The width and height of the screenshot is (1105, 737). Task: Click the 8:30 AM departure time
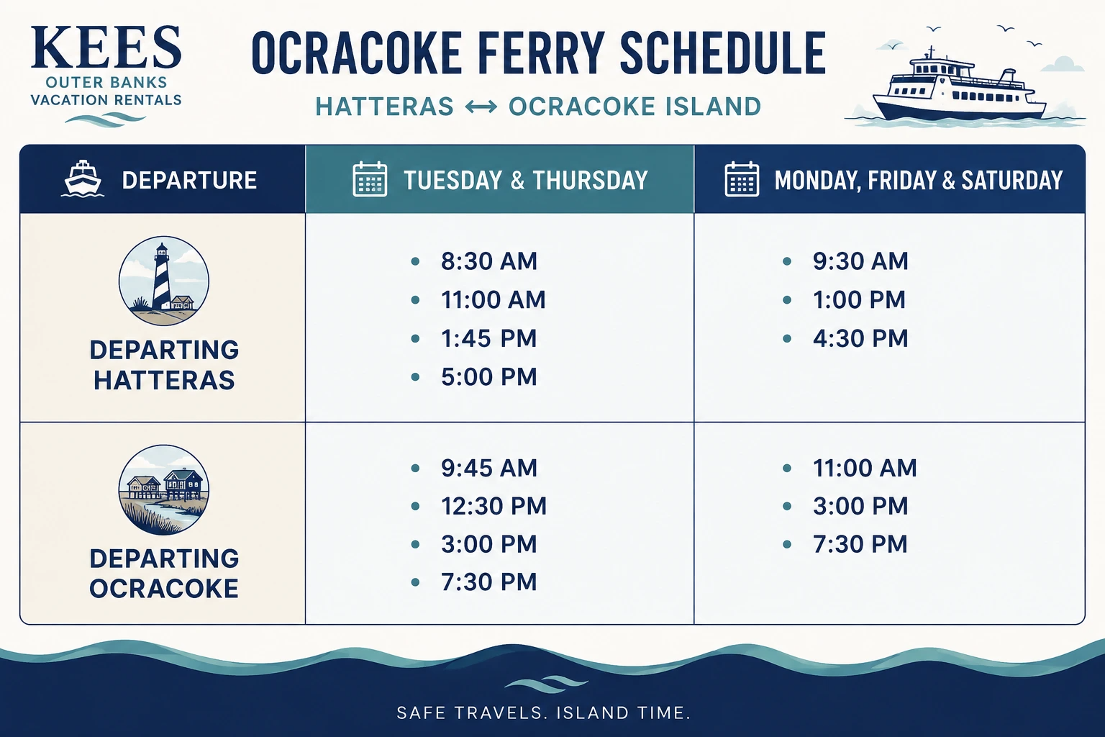click(x=489, y=261)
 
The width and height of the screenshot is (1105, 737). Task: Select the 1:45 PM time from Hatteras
click(x=489, y=339)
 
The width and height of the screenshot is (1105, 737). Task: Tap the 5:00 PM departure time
click(x=489, y=376)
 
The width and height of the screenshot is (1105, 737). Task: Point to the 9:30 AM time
click(x=860, y=261)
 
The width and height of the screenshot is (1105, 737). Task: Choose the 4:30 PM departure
click(x=860, y=339)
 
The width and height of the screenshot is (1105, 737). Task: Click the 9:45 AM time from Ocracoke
click(x=489, y=468)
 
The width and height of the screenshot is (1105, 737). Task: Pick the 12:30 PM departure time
click(x=494, y=506)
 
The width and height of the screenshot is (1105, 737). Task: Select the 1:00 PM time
click(x=860, y=299)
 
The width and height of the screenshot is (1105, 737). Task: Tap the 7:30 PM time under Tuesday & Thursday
click(x=489, y=582)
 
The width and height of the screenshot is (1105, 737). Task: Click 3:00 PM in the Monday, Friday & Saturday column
click(x=860, y=506)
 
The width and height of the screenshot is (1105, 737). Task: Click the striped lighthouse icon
click(x=164, y=281)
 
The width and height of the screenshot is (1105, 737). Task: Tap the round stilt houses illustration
click(x=164, y=489)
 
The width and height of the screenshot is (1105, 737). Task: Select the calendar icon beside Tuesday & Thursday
click(x=370, y=179)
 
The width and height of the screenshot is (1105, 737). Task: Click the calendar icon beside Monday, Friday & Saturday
click(x=742, y=179)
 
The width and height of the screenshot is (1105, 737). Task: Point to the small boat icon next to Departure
click(x=83, y=178)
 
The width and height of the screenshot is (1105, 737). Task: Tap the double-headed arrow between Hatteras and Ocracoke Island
click(x=481, y=107)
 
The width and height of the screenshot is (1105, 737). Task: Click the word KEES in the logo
click(x=106, y=48)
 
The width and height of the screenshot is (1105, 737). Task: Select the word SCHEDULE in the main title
click(x=723, y=53)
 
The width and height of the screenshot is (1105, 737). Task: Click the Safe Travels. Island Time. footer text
click(x=544, y=713)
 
